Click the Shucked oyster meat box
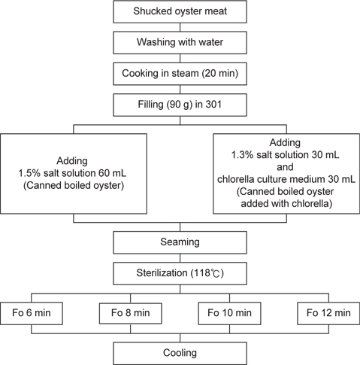[x=180, y=11]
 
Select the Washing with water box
[x=180, y=43]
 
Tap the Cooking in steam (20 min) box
[x=180, y=74]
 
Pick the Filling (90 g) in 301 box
[x=180, y=105]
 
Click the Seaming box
[x=180, y=242]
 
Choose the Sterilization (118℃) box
[x=180, y=273]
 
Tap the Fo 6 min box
[x=32, y=313]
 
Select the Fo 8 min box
[x=131, y=313]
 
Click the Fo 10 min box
[x=229, y=313]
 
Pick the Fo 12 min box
[x=328, y=313]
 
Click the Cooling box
[x=180, y=353]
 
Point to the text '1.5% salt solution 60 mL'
[x=72, y=173]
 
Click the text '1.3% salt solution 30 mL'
[x=285, y=155]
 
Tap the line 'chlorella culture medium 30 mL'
[x=286, y=179]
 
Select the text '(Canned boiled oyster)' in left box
[x=74, y=186]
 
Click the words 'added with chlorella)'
[x=286, y=203]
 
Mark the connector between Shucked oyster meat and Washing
[x=180, y=27]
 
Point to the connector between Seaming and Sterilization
[x=180, y=258]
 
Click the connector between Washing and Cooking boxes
[x=180, y=58]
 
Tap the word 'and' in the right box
[x=285, y=167]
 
